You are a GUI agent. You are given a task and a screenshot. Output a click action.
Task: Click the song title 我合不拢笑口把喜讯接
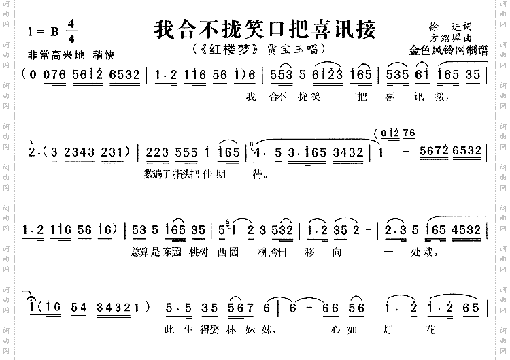point(265,30)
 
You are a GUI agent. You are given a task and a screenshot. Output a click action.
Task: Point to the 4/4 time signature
point(71,31)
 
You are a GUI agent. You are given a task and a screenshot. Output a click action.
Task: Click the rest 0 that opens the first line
point(33,76)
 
